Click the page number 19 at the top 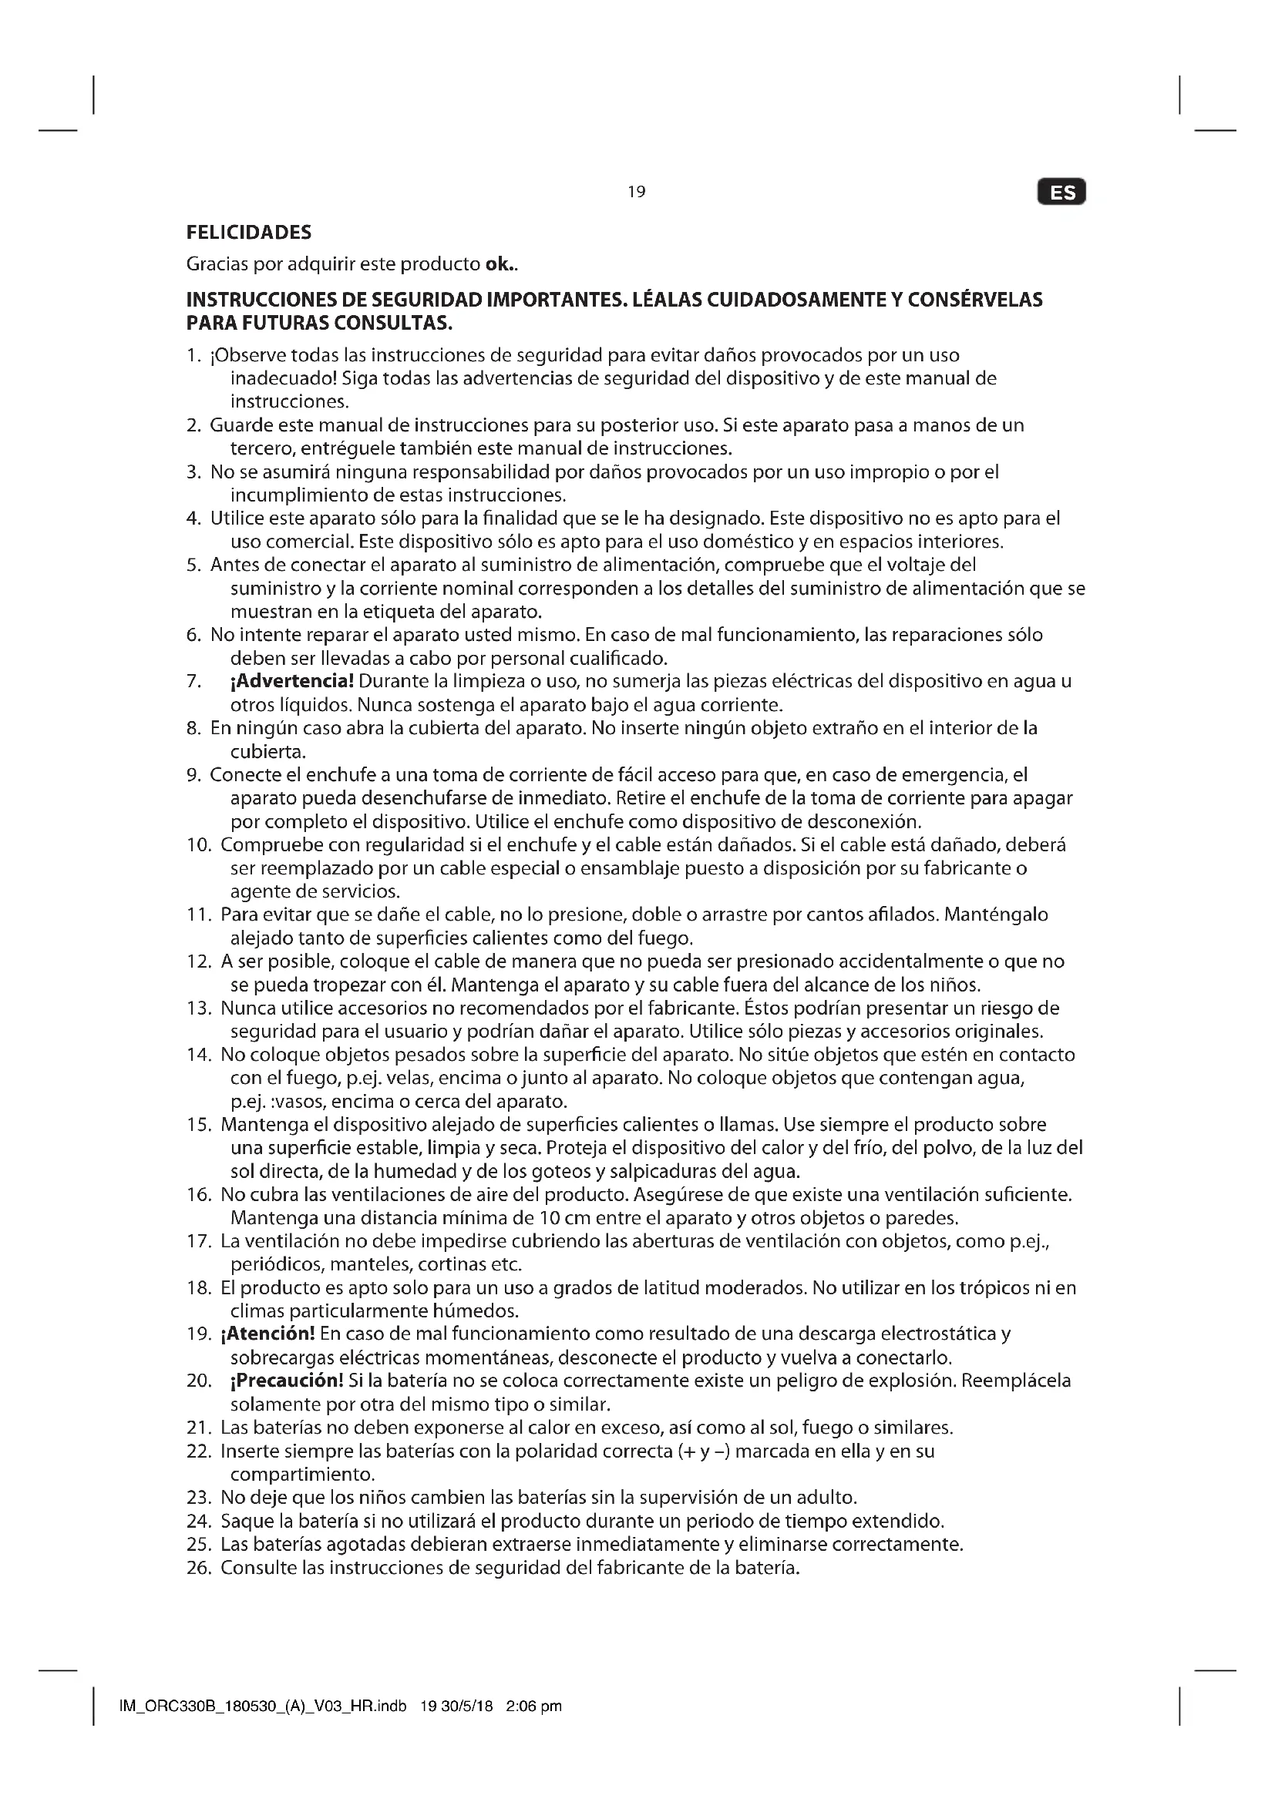coord(637,192)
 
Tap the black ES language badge coord(1061,193)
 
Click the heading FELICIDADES coord(249,233)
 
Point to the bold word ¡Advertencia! coord(291,681)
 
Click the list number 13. coord(199,1008)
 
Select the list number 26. coord(199,1568)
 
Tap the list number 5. coord(194,565)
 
